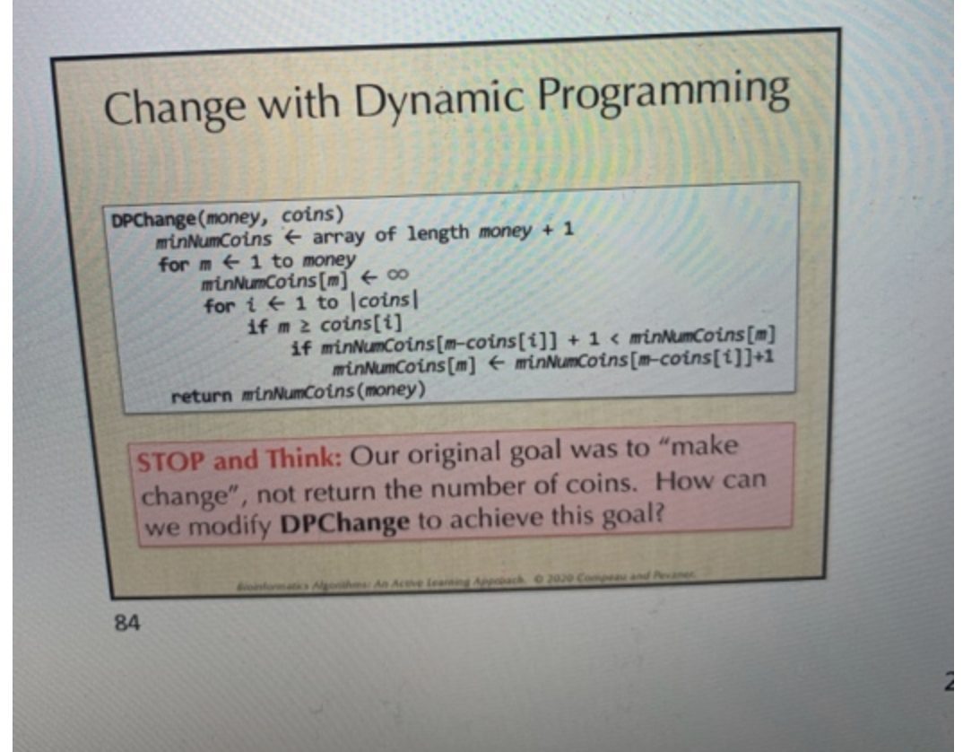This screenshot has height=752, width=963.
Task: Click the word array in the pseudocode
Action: click(339, 236)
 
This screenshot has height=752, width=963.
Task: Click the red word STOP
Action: click(171, 462)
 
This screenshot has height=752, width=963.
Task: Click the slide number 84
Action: click(126, 622)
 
